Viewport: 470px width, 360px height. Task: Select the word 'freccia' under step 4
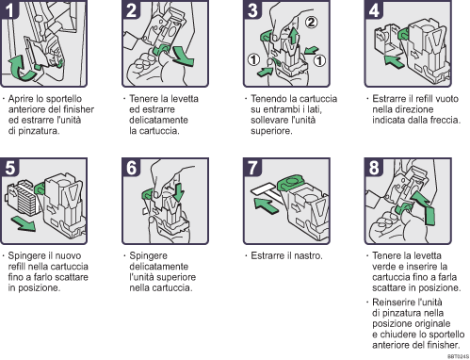441,120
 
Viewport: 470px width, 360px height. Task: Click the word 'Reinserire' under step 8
396,300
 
